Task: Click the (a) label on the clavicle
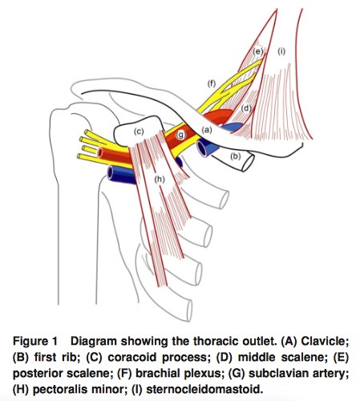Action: [x=207, y=130]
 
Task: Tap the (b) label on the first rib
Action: [x=236, y=156]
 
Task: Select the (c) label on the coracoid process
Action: [x=139, y=132]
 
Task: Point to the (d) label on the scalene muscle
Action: [x=246, y=108]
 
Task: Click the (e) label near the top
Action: [x=258, y=51]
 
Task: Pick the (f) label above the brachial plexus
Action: [x=212, y=84]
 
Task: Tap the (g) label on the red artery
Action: [x=181, y=135]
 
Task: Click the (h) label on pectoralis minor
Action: [x=160, y=180]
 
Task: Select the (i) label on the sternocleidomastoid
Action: [x=281, y=51]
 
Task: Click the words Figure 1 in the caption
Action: [x=35, y=342]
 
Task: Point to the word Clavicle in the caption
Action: [x=325, y=342]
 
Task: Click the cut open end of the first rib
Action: [x=248, y=162]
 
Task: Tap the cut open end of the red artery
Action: [x=99, y=152]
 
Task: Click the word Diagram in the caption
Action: [x=94, y=342]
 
